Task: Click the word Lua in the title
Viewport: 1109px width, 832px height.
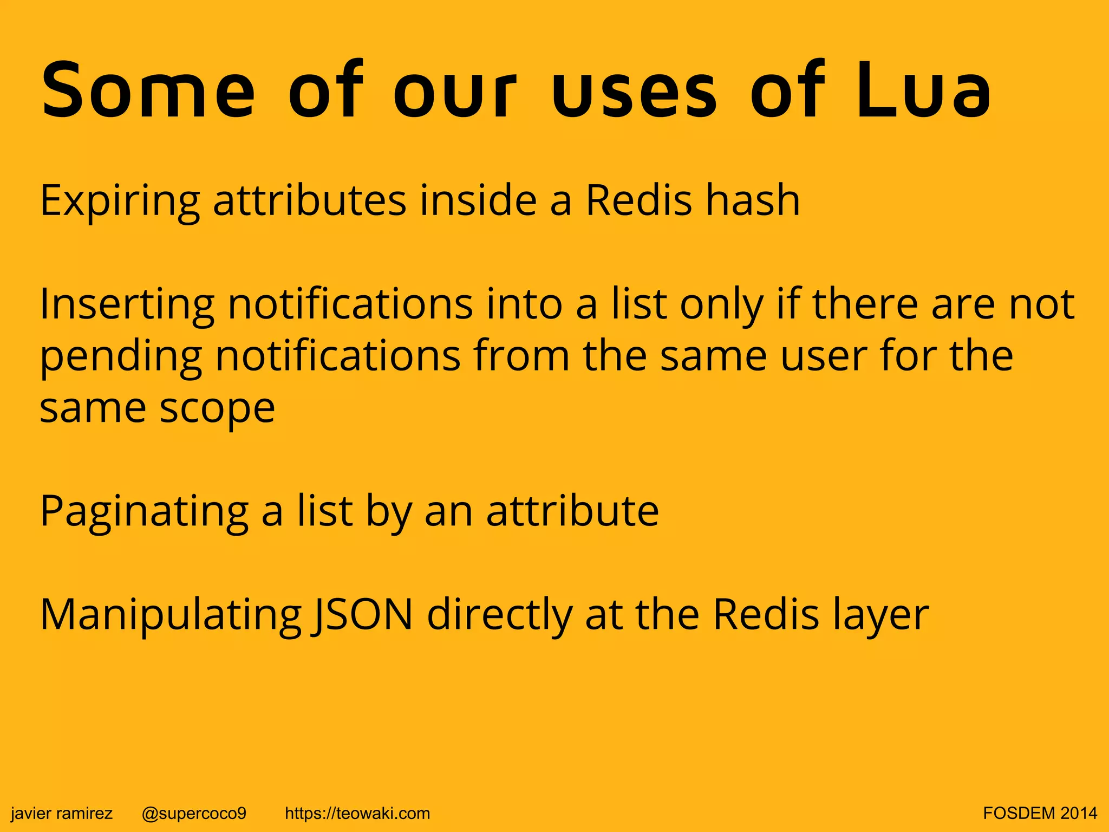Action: coord(923,90)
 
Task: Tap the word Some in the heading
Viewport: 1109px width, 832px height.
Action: coord(148,90)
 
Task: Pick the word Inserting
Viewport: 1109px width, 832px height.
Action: coord(127,305)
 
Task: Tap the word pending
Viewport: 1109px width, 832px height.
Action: coord(121,358)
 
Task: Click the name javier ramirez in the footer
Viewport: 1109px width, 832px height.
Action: coord(62,813)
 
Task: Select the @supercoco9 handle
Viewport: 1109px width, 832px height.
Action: coord(194,813)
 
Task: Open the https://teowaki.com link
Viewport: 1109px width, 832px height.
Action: coord(357,813)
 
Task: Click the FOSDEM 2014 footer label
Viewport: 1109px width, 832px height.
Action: coord(1040,813)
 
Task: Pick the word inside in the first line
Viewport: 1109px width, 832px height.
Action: coord(478,200)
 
